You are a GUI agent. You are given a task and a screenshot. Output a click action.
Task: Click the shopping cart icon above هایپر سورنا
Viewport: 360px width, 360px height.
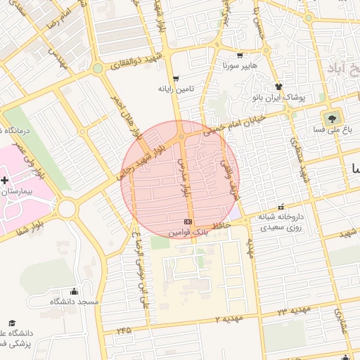[x=240, y=55]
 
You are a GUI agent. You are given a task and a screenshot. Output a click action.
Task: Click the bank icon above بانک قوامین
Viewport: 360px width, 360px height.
[x=188, y=221]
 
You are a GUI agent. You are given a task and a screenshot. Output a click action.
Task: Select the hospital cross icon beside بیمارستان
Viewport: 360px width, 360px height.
[x=5, y=181]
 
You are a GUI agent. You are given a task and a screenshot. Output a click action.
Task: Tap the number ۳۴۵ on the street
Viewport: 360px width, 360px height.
[x=124, y=328]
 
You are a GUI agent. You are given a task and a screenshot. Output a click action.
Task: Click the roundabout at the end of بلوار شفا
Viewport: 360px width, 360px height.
[x=67, y=208]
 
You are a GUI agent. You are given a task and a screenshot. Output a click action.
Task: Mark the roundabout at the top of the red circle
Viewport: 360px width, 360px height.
[x=181, y=136]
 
